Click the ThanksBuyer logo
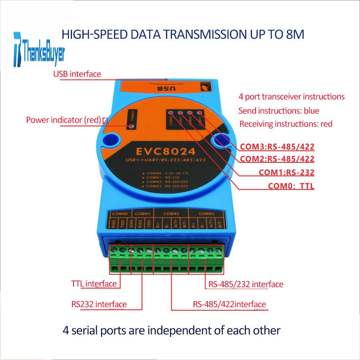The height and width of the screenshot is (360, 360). tap(39, 50)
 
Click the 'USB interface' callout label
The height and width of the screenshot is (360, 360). tap(77, 74)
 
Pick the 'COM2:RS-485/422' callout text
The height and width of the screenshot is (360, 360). tap(277, 159)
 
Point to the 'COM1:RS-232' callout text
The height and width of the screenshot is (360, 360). tap(286, 173)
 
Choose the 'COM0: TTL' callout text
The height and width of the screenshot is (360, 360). tap(291, 186)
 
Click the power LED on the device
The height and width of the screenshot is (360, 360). tap(131, 127)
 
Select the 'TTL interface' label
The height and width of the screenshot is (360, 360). tap(94, 284)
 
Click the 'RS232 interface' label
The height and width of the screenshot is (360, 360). tap(96, 304)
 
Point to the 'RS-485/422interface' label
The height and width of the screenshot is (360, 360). tap(230, 304)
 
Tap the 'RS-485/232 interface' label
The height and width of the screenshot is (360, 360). tap(246, 284)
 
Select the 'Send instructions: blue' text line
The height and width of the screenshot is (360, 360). tap(279, 110)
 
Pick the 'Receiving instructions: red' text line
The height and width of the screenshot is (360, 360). tap(286, 124)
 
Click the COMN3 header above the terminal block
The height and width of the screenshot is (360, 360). tap(206, 214)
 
